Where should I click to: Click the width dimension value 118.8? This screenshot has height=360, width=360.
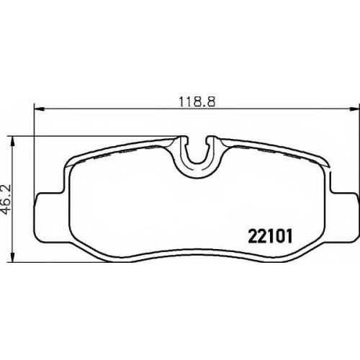(197, 102)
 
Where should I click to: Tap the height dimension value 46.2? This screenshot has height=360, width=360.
(6, 199)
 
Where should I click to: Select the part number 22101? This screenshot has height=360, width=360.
(270, 236)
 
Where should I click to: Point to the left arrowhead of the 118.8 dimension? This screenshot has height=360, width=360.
(40, 109)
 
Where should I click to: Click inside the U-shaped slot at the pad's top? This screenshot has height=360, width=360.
(197, 153)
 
